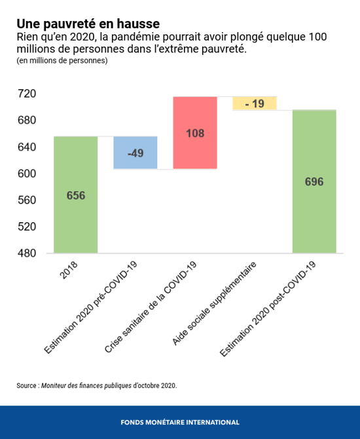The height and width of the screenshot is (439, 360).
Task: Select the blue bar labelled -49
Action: (x=135, y=153)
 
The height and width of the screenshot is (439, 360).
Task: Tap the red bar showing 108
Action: (x=195, y=133)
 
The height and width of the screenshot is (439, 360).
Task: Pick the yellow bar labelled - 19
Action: (x=254, y=104)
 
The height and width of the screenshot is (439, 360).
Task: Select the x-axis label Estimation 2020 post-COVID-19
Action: (x=268, y=308)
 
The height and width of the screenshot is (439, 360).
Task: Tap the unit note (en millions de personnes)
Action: (x=62, y=61)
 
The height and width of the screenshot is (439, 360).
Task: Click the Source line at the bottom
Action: (x=97, y=385)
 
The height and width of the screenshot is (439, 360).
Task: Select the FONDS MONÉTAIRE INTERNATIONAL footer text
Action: (x=180, y=423)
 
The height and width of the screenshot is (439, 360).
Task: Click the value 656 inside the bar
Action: (x=76, y=195)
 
